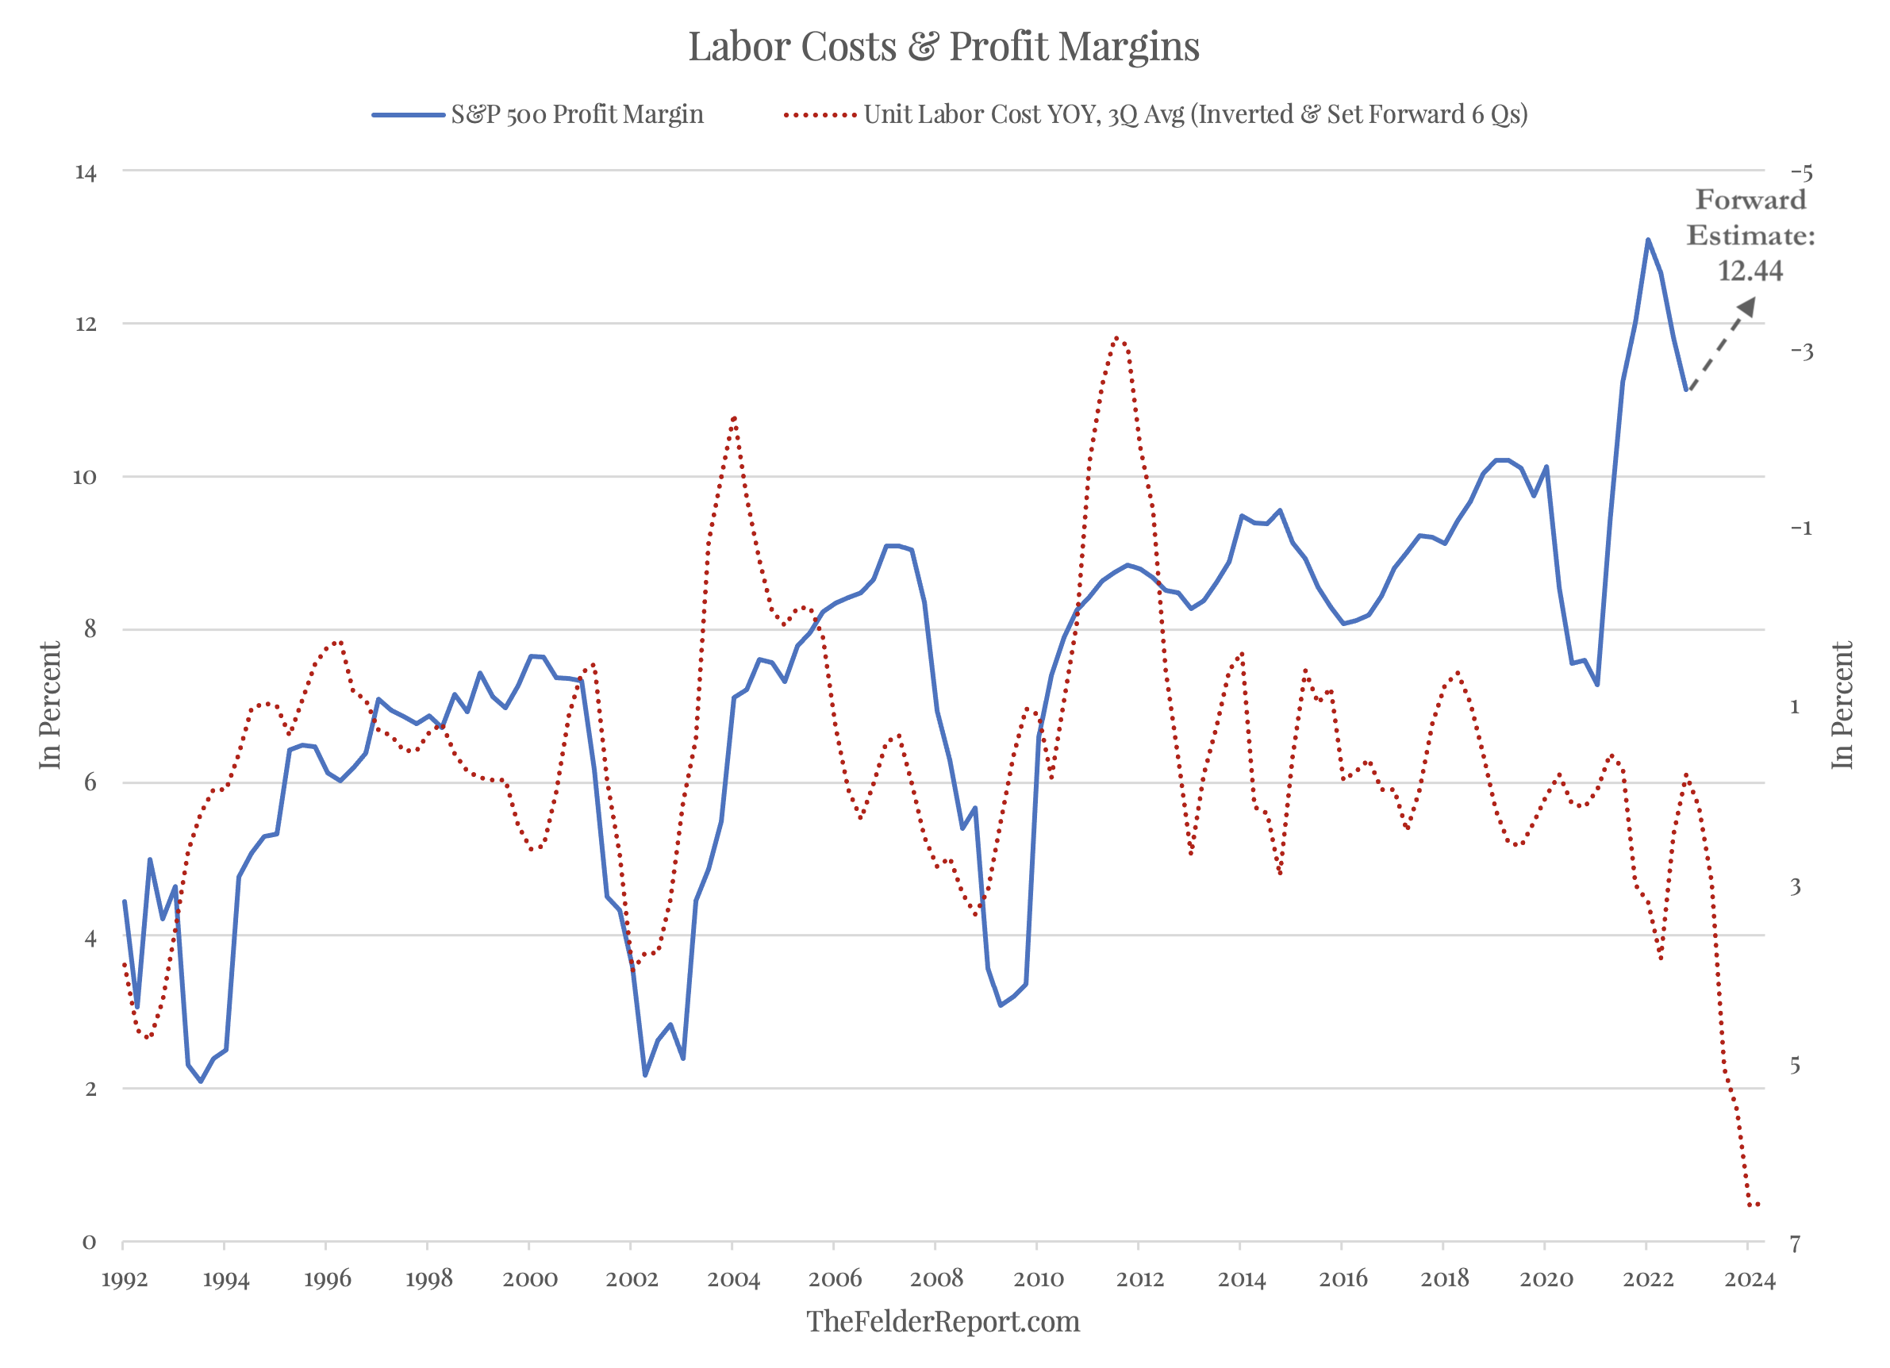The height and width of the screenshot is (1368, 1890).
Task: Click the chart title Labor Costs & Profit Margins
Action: click(x=943, y=46)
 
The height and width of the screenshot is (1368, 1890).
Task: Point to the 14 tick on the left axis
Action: click(x=86, y=172)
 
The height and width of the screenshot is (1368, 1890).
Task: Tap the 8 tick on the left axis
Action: click(x=90, y=629)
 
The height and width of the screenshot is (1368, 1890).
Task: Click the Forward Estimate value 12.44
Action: click(x=1750, y=271)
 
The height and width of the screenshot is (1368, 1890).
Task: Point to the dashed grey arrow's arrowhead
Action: click(x=1746, y=307)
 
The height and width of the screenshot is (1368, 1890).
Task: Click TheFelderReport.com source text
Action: click(x=943, y=1322)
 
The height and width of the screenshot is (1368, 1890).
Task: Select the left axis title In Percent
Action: click(x=50, y=705)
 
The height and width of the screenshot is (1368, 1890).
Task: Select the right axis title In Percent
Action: click(x=1842, y=705)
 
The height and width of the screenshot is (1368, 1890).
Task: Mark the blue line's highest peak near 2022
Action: click(x=1647, y=240)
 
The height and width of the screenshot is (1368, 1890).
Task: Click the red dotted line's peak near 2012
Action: click(x=1118, y=337)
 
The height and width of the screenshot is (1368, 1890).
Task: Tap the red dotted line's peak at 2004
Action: click(x=734, y=417)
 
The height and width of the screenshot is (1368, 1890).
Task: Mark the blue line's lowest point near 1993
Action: click(x=201, y=1082)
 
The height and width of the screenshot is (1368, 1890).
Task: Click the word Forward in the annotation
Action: click(x=1750, y=200)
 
